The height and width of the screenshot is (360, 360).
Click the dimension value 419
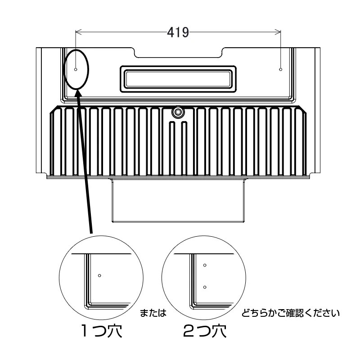tap(178, 32)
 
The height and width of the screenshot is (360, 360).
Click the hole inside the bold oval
tap(76, 69)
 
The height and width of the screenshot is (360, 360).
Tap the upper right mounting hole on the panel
tap(280, 69)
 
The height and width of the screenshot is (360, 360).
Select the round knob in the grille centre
tap(177, 112)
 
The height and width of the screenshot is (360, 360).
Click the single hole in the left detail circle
tap(99, 275)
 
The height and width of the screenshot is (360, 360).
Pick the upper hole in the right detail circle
tap(205, 265)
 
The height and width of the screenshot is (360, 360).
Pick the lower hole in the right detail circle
tap(205, 287)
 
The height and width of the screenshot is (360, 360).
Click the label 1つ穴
tap(102, 331)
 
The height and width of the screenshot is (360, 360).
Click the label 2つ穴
tap(205, 331)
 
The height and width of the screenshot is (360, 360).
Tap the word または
tap(153, 313)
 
